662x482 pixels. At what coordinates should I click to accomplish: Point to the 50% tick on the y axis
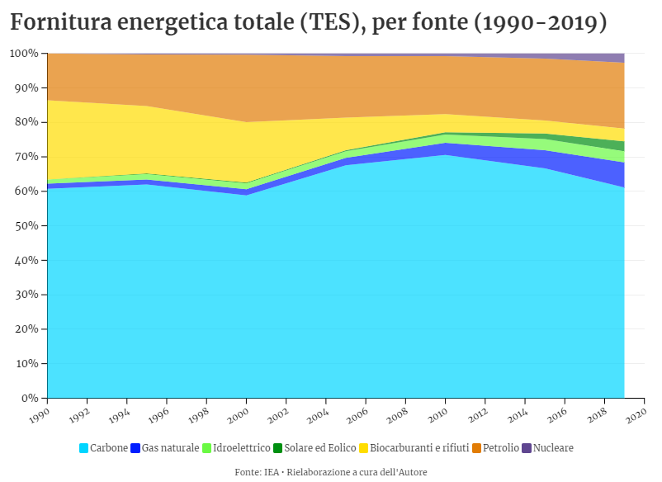(x=26, y=225)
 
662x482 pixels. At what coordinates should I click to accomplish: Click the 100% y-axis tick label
(x=24, y=54)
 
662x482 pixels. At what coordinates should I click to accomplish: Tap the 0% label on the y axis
(x=29, y=398)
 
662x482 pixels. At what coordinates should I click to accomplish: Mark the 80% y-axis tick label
(x=26, y=122)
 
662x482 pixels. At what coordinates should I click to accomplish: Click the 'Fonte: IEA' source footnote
(x=330, y=472)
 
